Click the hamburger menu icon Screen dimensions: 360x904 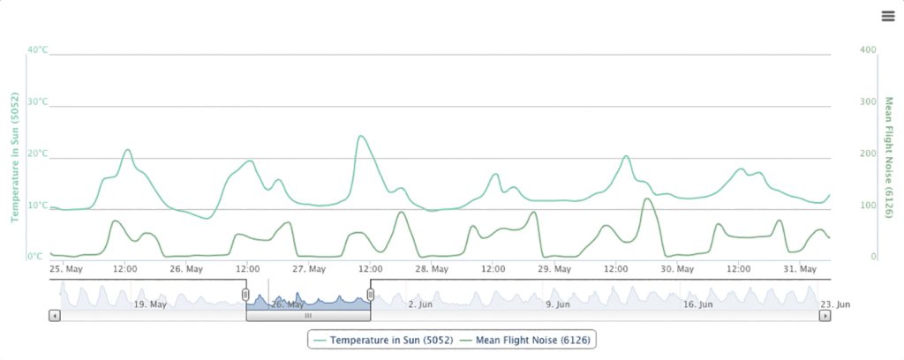888,16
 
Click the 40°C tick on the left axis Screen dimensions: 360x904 37,49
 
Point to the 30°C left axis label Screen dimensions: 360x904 37,101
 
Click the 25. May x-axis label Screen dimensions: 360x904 66,268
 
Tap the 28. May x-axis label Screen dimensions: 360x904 433,268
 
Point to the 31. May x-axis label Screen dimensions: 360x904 801,268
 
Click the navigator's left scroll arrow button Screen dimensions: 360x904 55,315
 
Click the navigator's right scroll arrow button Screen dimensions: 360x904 825,315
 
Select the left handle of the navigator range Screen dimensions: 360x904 246,295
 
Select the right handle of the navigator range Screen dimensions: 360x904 371,295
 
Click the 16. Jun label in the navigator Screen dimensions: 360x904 697,304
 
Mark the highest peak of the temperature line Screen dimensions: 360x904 360,136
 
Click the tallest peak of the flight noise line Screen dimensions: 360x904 647,199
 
